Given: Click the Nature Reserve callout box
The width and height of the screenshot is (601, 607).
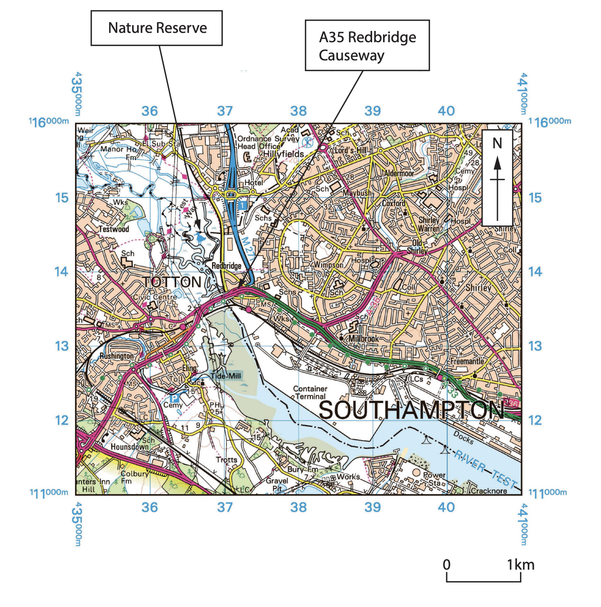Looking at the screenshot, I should [157, 28].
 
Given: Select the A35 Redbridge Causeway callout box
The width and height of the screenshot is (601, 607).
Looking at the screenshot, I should [367, 46].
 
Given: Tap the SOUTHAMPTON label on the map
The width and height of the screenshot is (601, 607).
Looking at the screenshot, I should [411, 410].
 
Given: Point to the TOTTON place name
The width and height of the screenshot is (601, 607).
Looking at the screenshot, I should [171, 282].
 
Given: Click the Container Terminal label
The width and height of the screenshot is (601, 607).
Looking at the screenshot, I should [310, 392].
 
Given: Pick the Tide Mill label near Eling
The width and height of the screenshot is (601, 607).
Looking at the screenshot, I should [225, 376].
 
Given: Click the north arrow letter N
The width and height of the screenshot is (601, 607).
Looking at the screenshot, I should [497, 143].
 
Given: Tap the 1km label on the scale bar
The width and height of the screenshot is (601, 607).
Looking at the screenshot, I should [520, 565].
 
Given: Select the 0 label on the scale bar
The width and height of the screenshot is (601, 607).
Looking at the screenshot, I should [446, 565].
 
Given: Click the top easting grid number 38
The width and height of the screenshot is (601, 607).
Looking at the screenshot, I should [299, 111].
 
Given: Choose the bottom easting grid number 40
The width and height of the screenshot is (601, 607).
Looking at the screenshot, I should [446, 507].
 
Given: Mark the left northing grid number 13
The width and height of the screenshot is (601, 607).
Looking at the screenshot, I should [62, 346].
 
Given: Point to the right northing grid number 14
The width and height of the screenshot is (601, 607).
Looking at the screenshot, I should [535, 272].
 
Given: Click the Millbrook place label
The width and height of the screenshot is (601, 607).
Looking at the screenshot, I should [363, 339].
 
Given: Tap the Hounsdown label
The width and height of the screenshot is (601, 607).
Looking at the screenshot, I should [129, 447].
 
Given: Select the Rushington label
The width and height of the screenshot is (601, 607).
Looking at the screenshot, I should [116, 356].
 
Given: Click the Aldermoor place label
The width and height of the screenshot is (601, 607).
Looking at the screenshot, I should [399, 173].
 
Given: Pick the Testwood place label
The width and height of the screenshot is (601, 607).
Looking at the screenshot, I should [114, 229].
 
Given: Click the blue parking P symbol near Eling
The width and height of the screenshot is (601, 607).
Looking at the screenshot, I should [173, 398].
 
